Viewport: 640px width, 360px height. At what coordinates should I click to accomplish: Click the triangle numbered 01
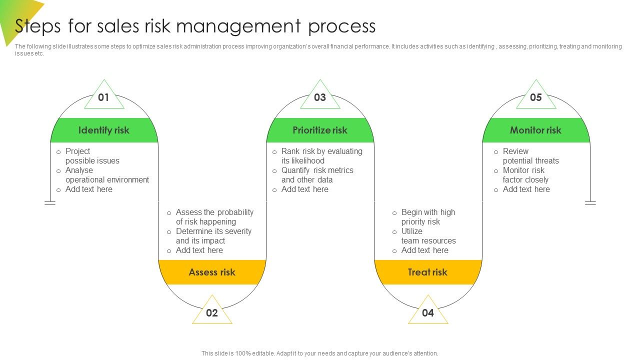pos(104,97)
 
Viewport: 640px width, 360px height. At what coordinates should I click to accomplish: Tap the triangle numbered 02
pos(212,312)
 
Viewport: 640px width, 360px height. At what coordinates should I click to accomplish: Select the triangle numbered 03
pos(320,97)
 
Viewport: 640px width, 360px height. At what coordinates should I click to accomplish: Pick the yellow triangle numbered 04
pos(428,312)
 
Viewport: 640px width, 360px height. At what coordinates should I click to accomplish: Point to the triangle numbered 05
pos(536,97)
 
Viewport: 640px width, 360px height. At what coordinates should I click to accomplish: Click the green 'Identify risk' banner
pos(104,130)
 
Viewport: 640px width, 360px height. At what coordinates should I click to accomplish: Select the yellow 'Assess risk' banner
pos(212,272)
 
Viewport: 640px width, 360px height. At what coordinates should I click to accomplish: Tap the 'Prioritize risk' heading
pos(320,130)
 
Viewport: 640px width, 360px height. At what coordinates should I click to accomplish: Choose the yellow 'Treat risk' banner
pos(428,272)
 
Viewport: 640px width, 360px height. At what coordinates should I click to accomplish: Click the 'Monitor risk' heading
pos(536,130)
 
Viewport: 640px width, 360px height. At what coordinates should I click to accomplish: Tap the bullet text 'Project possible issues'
pos(92,156)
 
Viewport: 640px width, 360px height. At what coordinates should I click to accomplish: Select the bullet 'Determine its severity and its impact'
pos(213,236)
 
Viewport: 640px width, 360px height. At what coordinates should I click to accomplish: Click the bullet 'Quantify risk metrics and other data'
pos(317,175)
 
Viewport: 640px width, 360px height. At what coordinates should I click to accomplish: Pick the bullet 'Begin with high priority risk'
pos(428,217)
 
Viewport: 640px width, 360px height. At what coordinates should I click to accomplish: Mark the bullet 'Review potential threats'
pos(530,156)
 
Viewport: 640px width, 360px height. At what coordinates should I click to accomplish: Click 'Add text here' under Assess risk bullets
pos(199,250)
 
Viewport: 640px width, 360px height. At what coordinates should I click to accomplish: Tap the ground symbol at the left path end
pos(50,203)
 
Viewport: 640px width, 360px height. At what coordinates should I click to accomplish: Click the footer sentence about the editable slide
pos(320,353)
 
